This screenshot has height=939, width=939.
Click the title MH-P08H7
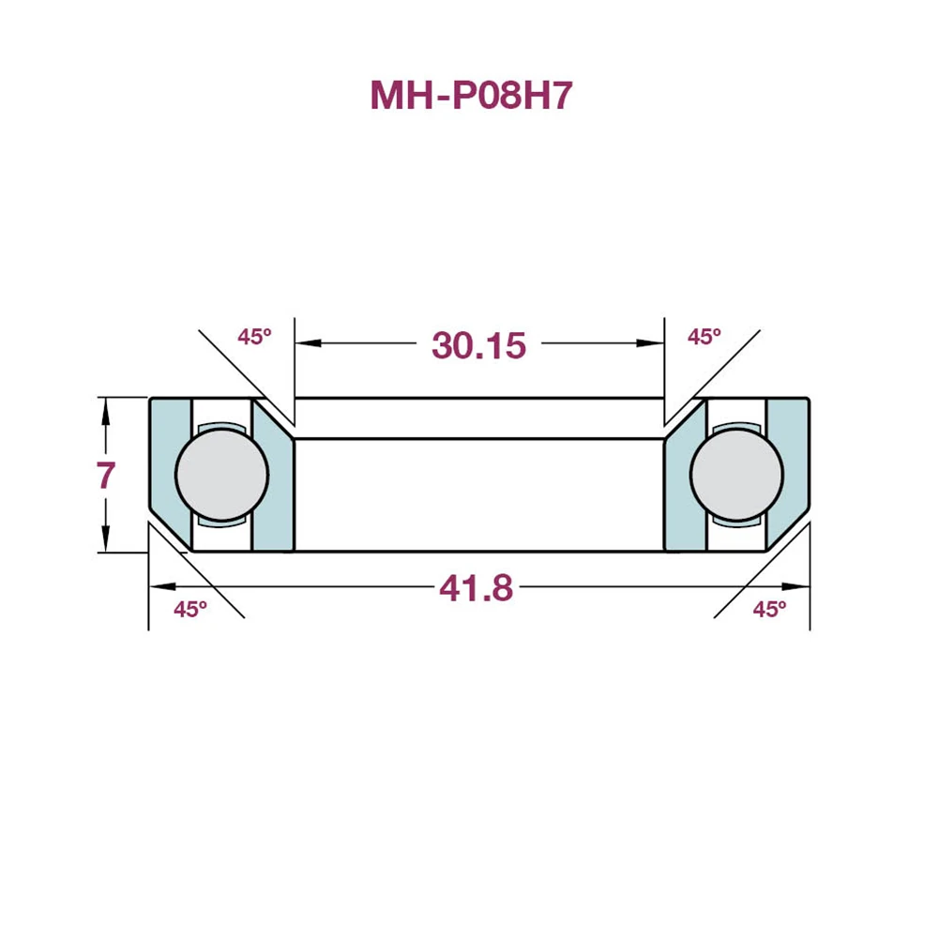point(471,96)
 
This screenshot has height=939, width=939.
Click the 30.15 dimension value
point(478,345)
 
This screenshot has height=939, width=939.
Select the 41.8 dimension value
point(476,588)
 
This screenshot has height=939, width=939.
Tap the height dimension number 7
point(106,477)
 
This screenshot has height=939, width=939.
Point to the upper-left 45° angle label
point(253,337)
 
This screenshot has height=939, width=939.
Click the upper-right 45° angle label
point(704,337)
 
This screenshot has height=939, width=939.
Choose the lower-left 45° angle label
point(190,610)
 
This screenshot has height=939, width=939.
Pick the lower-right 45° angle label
point(769,610)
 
